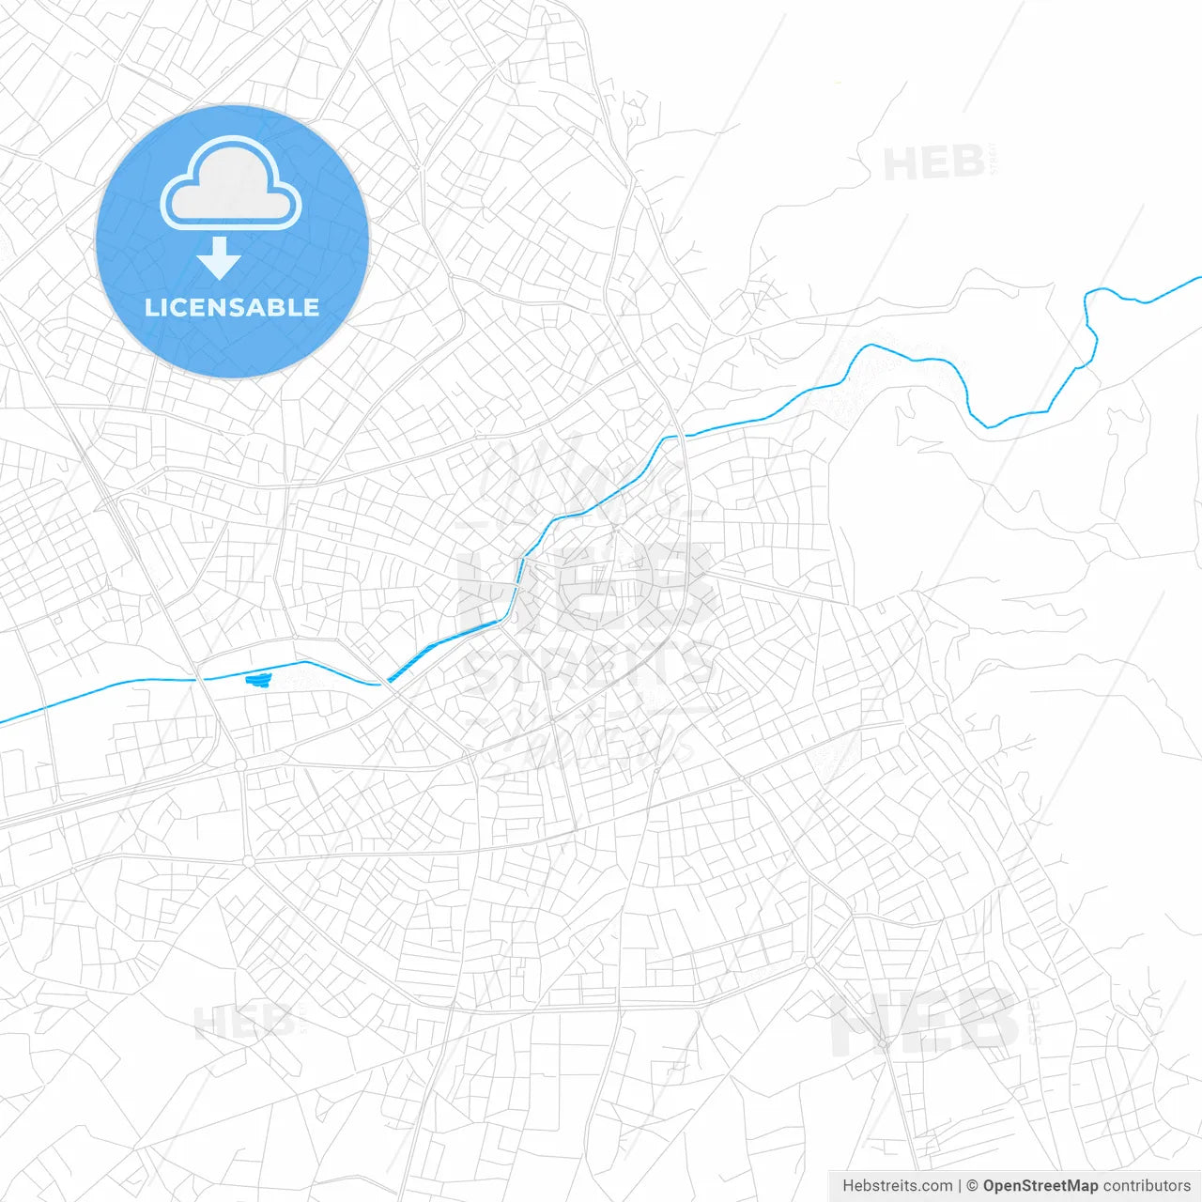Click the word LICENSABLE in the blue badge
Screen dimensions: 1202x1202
(232, 307)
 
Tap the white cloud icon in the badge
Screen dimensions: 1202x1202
(231, 184)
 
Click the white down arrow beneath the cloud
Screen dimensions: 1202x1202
(220, 258)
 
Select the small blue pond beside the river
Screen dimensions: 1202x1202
(256, 679)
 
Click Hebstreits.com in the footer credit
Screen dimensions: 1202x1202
(898, 1186)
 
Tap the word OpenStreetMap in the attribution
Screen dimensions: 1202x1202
(1040, 1186)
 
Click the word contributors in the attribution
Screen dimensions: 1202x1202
(1147, 1186)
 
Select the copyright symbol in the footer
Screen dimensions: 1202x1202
(972, 1186)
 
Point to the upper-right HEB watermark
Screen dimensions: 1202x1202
(934, 164)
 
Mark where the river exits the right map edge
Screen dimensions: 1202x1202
(1199, 278)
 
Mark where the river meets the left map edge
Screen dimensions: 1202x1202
(3, 721)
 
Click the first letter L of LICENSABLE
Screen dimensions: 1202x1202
(151, 307)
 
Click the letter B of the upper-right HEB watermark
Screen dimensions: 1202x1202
(968, 164)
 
